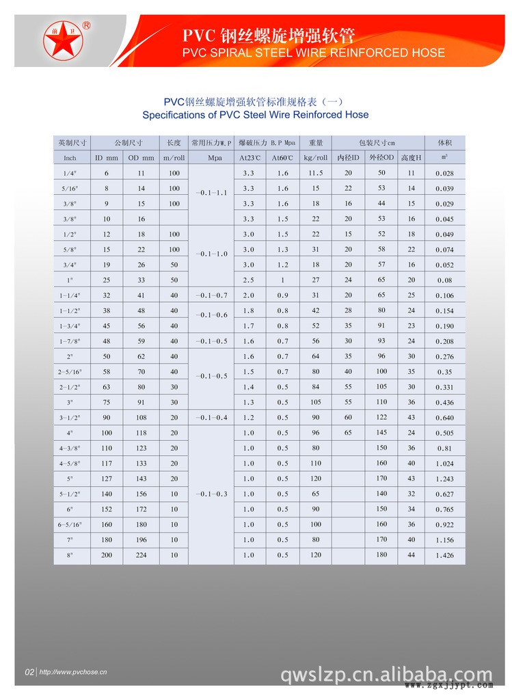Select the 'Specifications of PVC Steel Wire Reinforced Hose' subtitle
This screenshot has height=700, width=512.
pyautogui.click(x=255, y=114)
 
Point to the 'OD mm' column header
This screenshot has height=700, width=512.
pyautogui.click(x=142, y=158)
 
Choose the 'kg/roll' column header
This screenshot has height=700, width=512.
pyautogui.click(x=315, y=158)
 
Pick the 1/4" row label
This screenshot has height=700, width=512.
pyautogui.click(x=70, y=174)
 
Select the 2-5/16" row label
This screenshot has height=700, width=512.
pyautogui.click(x=70, y=372)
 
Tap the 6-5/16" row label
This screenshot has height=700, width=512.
pyautogui.click(x=70, y=524)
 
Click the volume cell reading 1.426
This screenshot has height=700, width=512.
pyautogui.click(x=444, y=556)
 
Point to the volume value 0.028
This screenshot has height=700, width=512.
pyautogui.click(x=444, y=174)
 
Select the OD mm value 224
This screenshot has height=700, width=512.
pyautogui.click(x=142, y=555)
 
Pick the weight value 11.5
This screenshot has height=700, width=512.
pyautogui.click(x=315, y=173)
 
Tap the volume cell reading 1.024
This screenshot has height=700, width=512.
pyautogui.click(x=444, y=463)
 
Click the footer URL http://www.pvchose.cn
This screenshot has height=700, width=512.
pyautogui.click(x=74, y=673)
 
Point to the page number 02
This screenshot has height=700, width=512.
pyautogui.click(x=29, y=673)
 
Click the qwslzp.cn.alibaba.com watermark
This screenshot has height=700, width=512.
pyautogui.click(x=386, y=675)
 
